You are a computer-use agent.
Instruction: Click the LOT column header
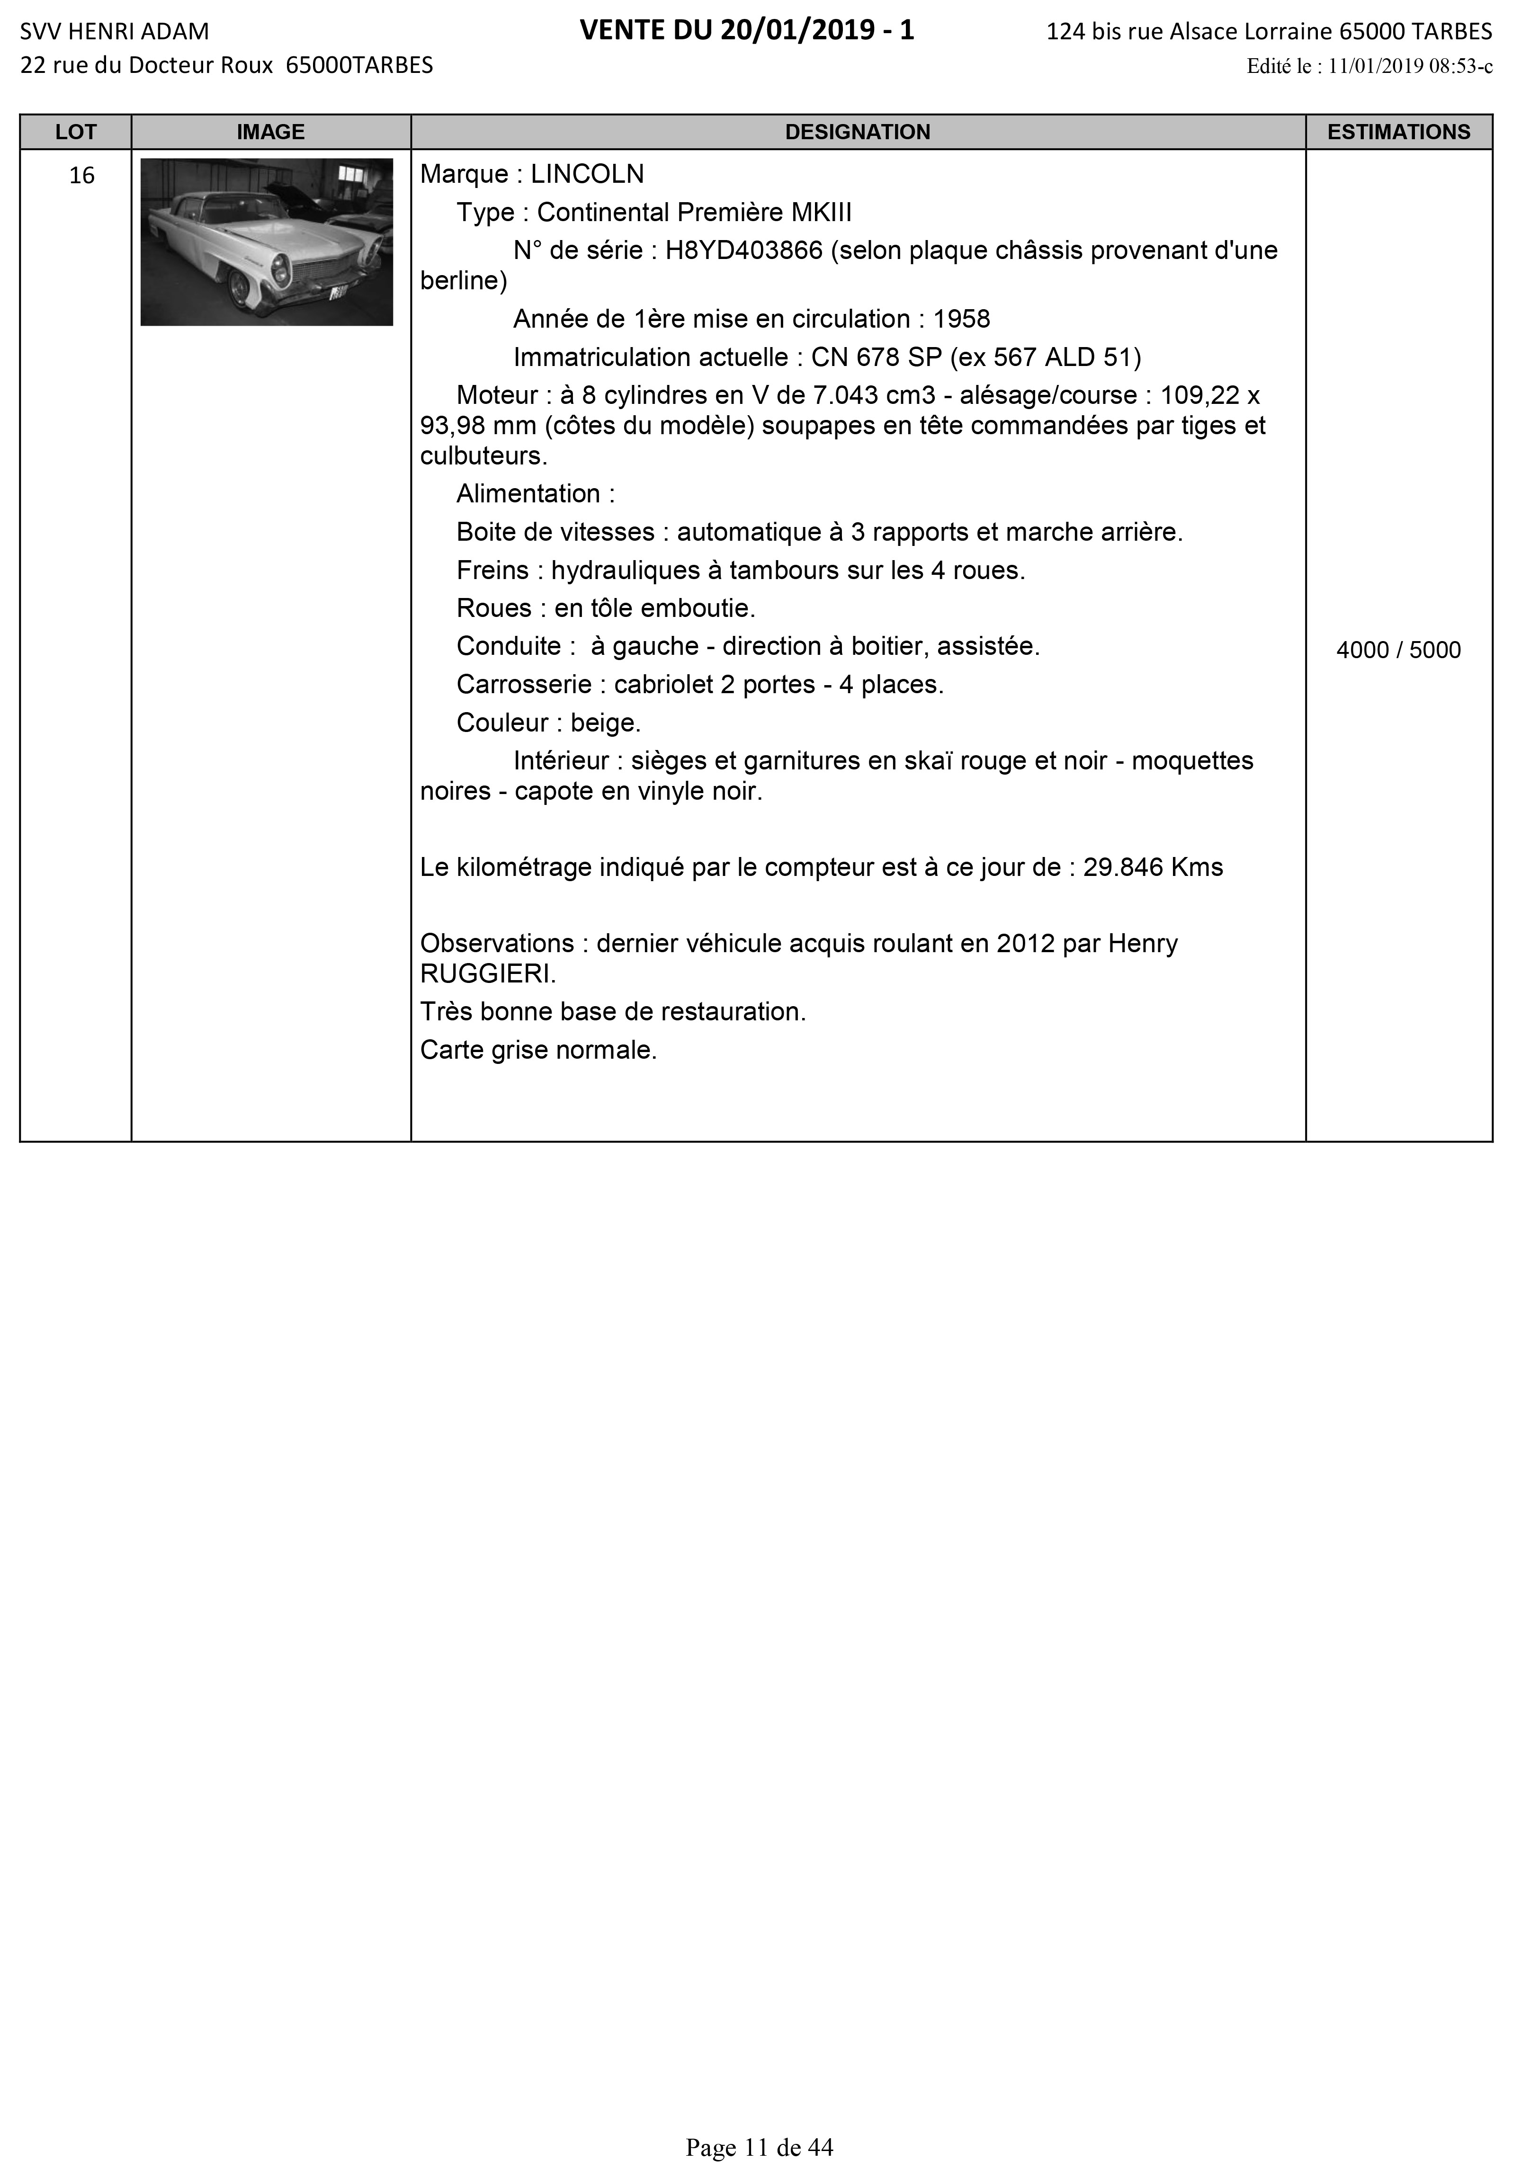click(76, 132)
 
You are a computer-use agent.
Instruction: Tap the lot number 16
click(82, 176)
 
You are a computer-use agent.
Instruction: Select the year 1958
click(961, 319)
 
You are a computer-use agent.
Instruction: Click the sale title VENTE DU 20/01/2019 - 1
click(747, 31)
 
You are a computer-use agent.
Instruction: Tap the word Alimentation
click(528, 494)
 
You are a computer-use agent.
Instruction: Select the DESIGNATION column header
click(857, 132)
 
